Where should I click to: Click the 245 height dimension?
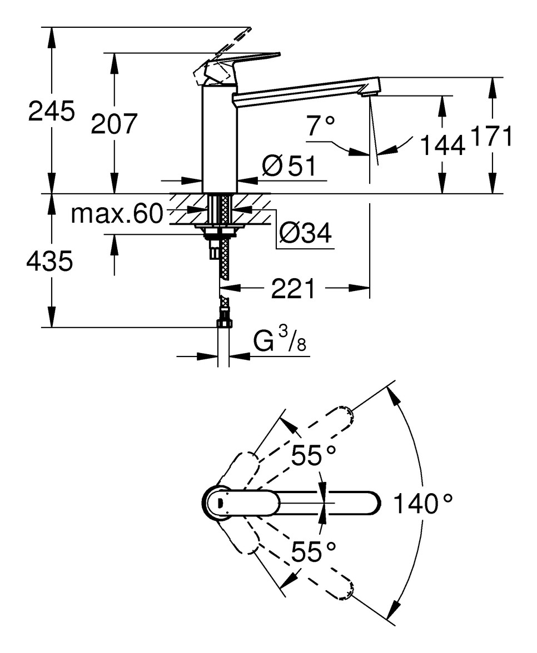pos(51,113)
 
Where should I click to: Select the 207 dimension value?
pos(114,123)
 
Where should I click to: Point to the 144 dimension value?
pos(442,145)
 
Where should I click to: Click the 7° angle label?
pos(320,127)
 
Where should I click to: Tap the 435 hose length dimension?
pos(49,261)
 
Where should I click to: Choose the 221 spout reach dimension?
pos(293,289)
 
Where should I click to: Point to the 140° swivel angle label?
pos(422,504)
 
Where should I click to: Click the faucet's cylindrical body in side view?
pos(219,139)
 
